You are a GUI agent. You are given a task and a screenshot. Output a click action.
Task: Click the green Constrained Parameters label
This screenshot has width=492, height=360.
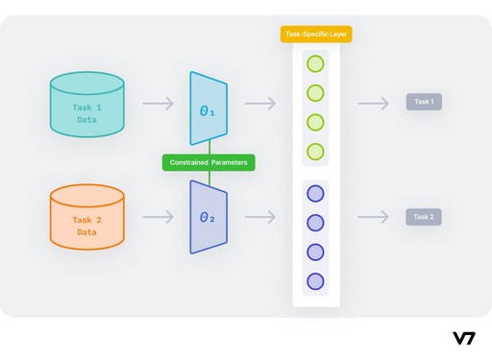[x=209, y=163]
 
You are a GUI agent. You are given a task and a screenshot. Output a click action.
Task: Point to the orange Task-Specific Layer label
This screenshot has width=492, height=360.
[x=316, y=35]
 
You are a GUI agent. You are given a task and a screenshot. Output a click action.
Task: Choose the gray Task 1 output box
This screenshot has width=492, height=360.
[x=424, y=102]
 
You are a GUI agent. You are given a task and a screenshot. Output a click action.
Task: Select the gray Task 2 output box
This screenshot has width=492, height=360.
[x=424, y=217]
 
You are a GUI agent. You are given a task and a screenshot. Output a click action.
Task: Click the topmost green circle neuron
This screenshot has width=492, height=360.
[x=315, y=65]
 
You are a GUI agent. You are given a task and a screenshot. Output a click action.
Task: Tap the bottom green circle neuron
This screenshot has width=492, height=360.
[x=315, y=152]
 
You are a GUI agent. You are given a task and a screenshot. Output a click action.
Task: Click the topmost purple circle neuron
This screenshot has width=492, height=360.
[x=315, y=194]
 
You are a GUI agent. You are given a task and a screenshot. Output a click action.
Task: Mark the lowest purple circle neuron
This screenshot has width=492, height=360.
[x=315, y=281]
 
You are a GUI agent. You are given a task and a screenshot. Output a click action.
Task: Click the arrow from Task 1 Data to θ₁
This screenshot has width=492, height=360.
[x=160, y=103]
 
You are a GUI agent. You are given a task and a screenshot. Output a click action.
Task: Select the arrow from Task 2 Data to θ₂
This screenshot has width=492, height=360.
[x=160, y=218]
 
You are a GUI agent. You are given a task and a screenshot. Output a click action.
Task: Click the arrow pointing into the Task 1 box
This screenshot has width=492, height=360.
[x=373, y=103]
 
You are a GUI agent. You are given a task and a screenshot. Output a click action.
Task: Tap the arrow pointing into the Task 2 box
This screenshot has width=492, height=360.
[x=373, y=218]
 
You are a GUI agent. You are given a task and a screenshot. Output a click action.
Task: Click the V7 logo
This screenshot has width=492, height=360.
[x=464, y=338]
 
